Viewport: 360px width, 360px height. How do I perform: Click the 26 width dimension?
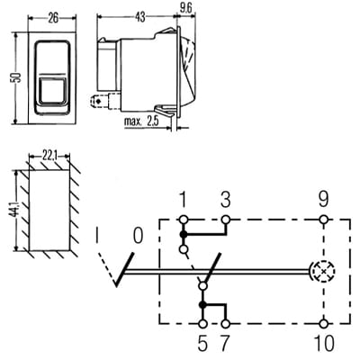(x=53, y=19)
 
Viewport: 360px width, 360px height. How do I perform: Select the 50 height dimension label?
(x=17, y=77)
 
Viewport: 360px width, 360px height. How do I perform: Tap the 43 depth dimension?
(x=139, y=17)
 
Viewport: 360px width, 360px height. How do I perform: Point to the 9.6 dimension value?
(x=185, y=9)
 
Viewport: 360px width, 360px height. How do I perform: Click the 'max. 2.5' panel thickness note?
(x=141, y=121)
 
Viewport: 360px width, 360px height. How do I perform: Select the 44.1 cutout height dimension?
(x=17, y=210)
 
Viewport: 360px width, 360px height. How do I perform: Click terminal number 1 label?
(x=184, y=200)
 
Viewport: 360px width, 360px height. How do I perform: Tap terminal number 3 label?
(x=225, y=200)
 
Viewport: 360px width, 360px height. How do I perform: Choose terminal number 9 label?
(x=323, y=200)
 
